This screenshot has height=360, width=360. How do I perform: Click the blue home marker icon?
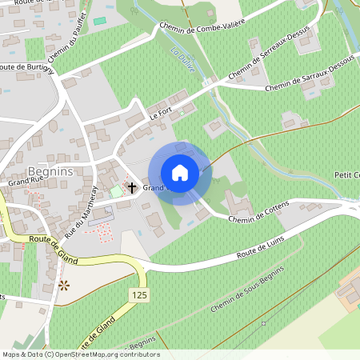pos(179,173)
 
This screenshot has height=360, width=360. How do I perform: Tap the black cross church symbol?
pos(132,186)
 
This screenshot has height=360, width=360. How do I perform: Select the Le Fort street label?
pos(161,116)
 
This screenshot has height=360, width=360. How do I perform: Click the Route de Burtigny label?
pos(28,69)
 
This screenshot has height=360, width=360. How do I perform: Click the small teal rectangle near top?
pos(100,20)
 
